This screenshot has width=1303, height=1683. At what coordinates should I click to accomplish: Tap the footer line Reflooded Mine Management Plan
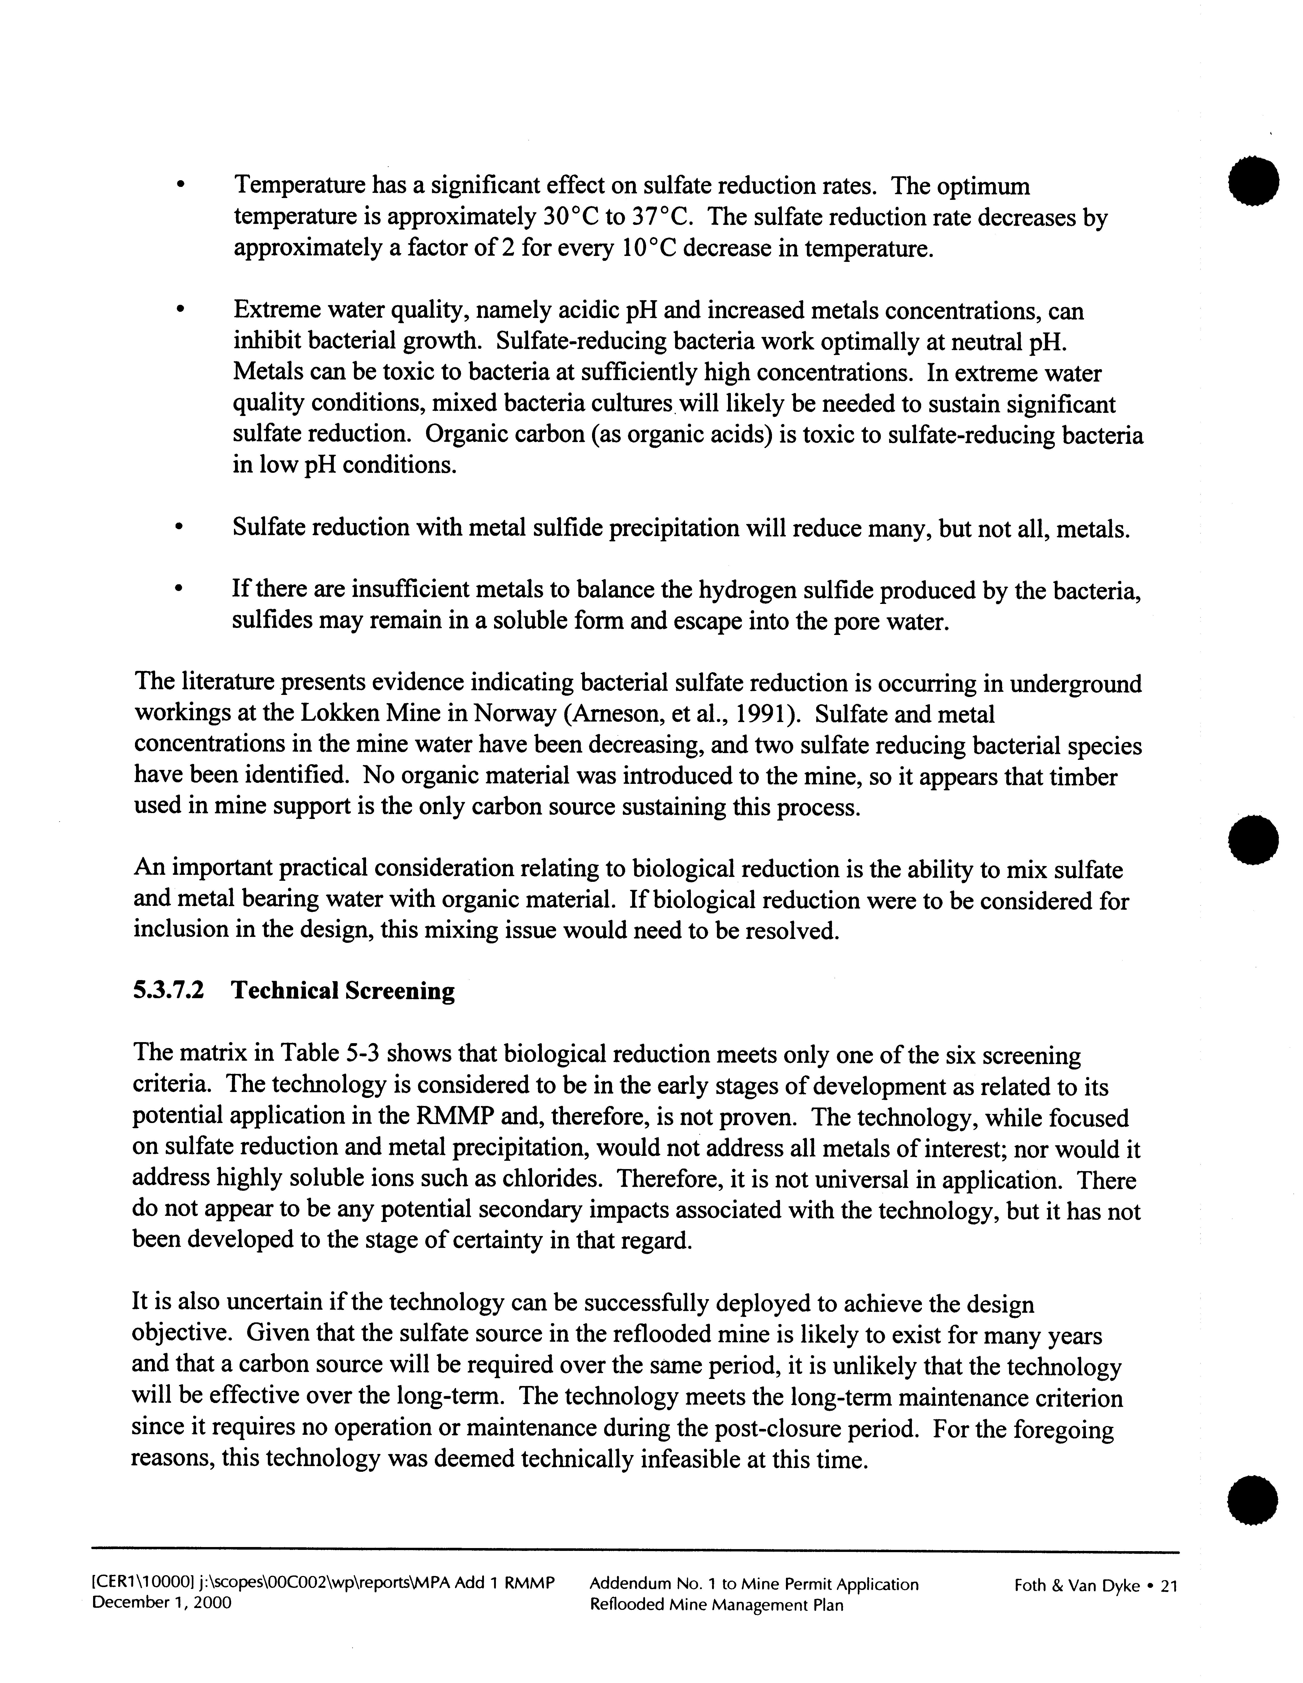point(716,1605)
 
